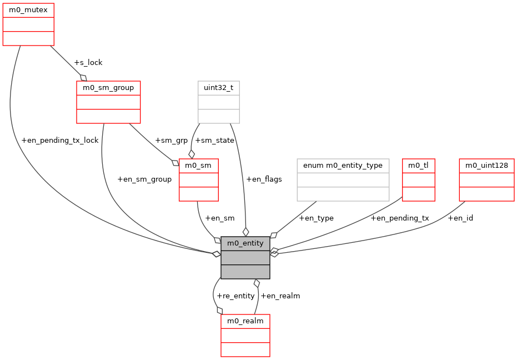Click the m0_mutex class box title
pyautogui.click(x=28, y=10)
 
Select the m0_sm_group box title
pyautogui.click(x=108, y=88)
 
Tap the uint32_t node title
pyautogui.click(x=219, y=88)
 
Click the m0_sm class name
pyautogui.click(x=198, y=166)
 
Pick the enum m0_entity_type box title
pyautogui.click(x=343, y=166)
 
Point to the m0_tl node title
pyautogui.click(x=418, y=166)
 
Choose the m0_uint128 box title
pyautogui.click(x=486, y=166)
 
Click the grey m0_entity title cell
pyautogui.click(x=245, y=243)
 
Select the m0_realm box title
pyautogui.click(x=245, y=321)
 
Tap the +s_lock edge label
pyautogui.click(x=88, y=62)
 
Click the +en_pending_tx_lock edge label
pyautogui.click(x=60, y=140)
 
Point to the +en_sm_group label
pyautogui.click(x=144, y=179)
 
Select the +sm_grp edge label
pyautogui.click(x=171, y=140)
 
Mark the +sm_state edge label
pyautogui.click(x=214, y=140)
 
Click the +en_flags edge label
pyautogui.click(x=264, y=179)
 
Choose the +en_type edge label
pyautogui.click(x=316, y=218)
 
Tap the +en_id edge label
pyautogui.click(x=460, y=218)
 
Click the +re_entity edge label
pyautogui.click(x=235, y=296)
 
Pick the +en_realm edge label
pyautogui.click(x=280, y=296)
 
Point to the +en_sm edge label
pyautogui.click(x=219, y=218)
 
